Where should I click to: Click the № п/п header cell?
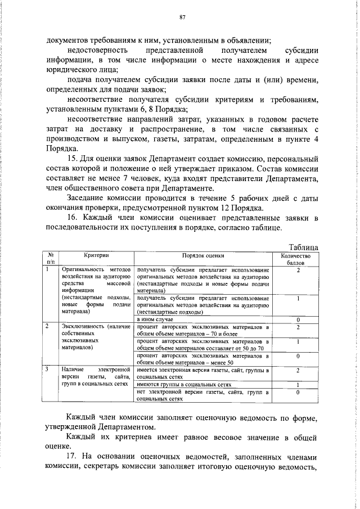point(50,258)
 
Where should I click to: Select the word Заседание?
point(87,199)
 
